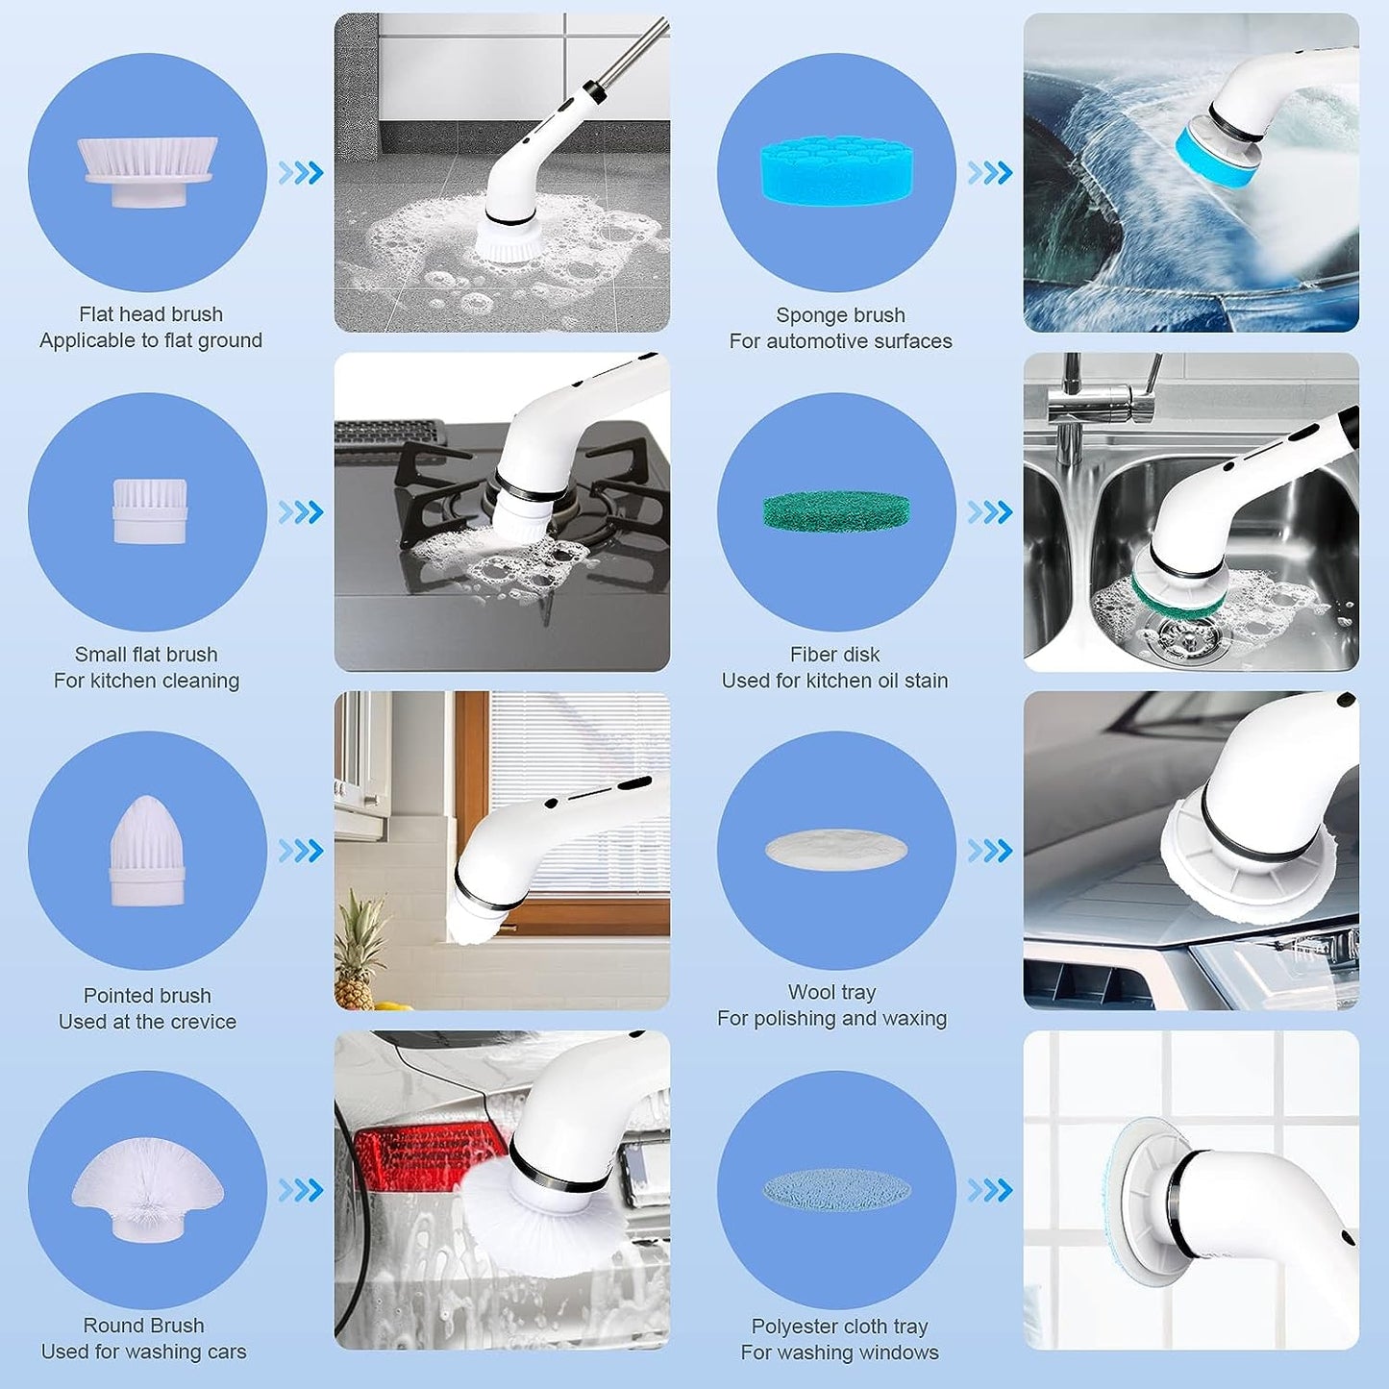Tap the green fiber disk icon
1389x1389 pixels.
837,510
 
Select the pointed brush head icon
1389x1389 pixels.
147,850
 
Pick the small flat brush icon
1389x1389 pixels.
150,511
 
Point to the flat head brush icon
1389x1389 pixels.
148,172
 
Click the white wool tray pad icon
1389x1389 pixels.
836,849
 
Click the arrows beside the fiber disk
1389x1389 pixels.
990,512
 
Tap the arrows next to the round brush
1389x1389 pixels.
301,1191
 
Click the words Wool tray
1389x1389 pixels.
831,993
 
